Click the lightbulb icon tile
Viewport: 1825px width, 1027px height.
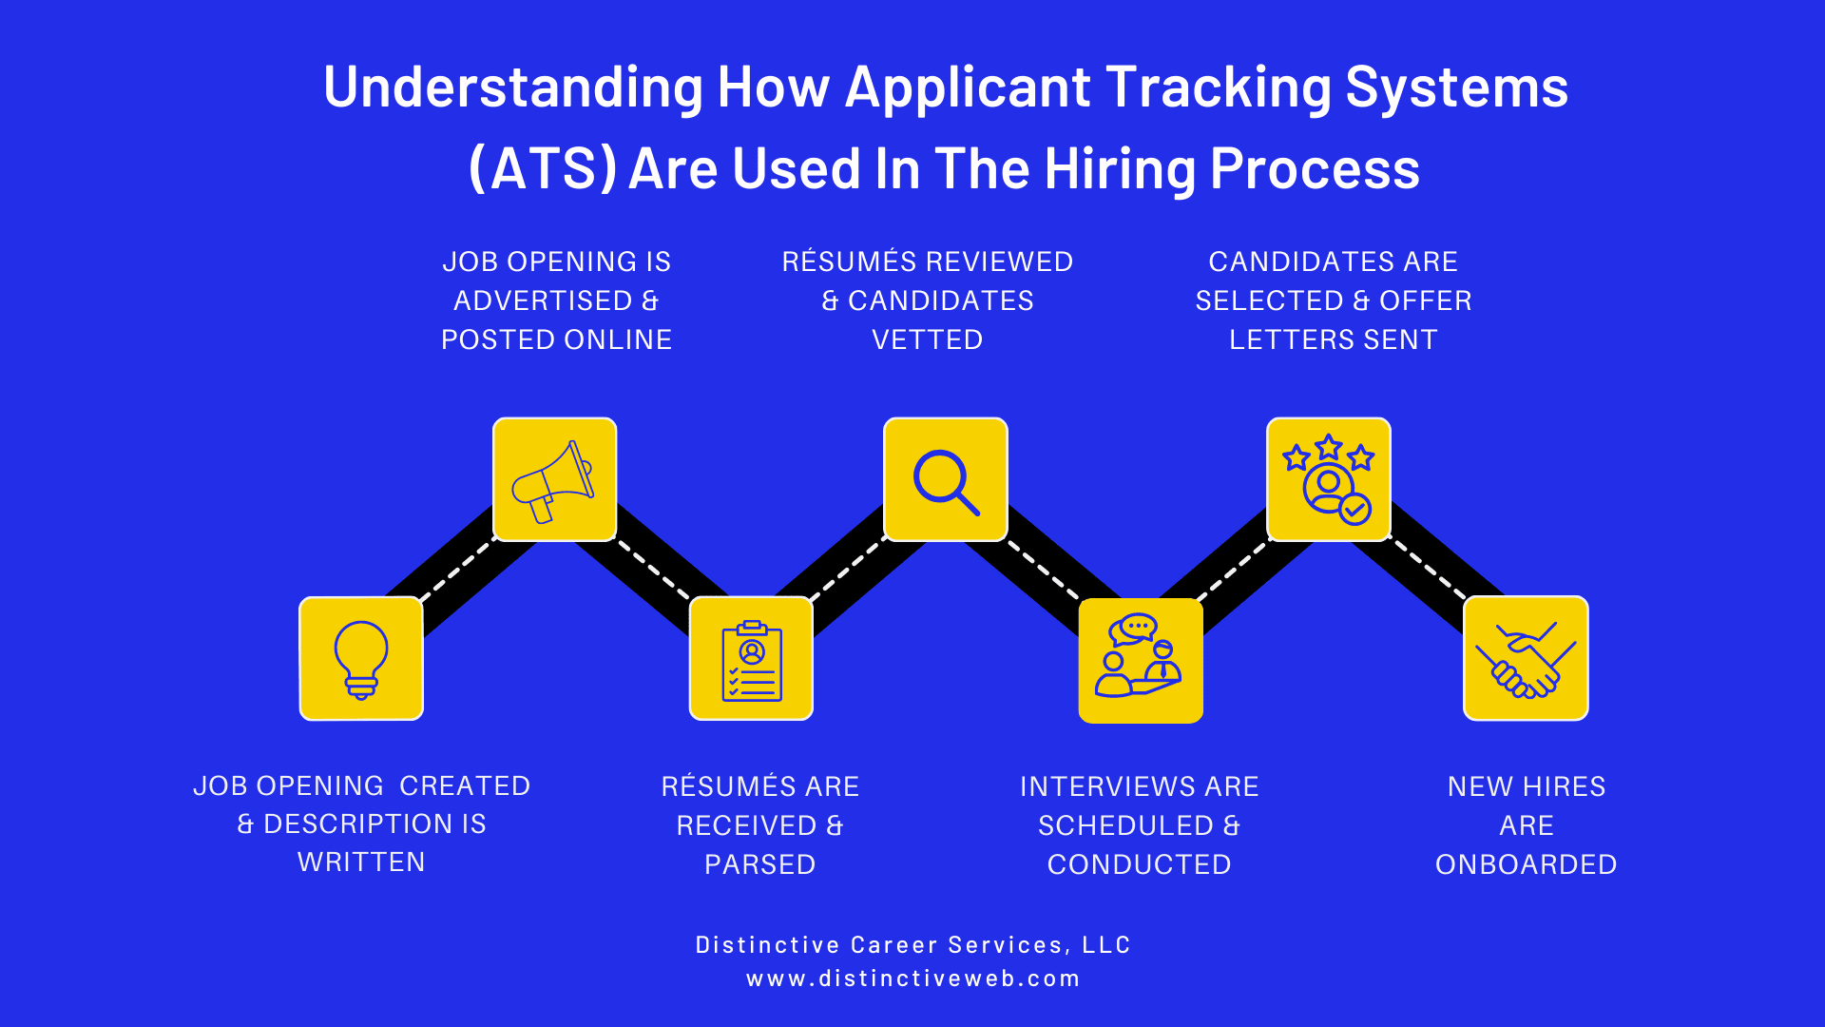pos(361,658)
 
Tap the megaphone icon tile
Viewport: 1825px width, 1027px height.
pos(555,479)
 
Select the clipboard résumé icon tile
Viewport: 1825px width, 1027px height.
pos(751,658)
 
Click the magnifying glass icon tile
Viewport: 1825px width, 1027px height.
pos(946,479)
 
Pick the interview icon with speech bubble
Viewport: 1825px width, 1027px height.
pos(1141,660)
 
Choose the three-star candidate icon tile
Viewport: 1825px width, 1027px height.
pos(1329,479)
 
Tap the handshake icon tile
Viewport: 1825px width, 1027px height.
pos(1526,658)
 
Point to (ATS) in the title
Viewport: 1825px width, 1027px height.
pos(543,169)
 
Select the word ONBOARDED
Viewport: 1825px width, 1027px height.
pos(1526,864)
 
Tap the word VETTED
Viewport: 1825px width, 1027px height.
pos(928,339)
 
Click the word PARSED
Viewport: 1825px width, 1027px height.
pos(760,864)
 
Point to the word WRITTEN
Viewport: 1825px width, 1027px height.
pos(361,862)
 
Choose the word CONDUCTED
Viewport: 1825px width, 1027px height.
pos(1140,864)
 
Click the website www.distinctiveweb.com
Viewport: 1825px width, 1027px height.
pos(912,979)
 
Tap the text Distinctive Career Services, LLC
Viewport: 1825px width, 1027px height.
pos(912,944)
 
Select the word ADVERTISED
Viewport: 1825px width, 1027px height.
pos(543,300)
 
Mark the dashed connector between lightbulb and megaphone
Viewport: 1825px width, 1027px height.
pos(457,570)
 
